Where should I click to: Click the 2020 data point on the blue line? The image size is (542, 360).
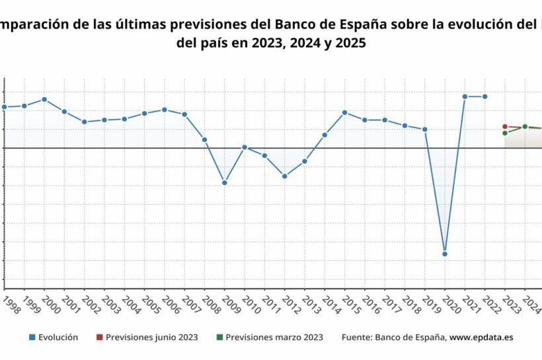click(445, 254)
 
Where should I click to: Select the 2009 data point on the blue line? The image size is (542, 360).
click(225, 182)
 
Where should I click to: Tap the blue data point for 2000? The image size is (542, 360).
click(44, 99)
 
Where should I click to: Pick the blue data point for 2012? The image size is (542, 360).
click(285, 176)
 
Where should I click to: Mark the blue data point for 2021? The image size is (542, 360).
click(465, 96)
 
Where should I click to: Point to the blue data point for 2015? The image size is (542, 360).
click(345, 112)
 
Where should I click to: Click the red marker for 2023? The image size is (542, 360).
click(505, 126)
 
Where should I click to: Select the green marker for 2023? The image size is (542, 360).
click(505, 133)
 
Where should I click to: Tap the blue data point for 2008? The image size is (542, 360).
click(205, 139)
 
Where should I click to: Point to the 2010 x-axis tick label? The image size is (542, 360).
click(249, 304)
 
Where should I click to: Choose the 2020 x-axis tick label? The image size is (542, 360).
click(449, 304)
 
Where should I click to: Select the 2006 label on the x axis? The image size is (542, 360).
click(169, 304)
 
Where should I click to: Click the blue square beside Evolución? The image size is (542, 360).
click(32, 338)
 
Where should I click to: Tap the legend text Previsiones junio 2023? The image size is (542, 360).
click(151, 338)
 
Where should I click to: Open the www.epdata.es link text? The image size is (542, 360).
click(481, 338)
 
